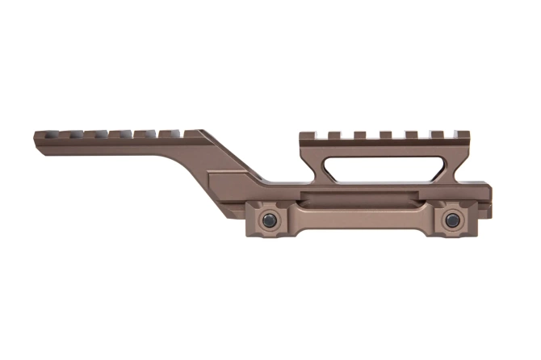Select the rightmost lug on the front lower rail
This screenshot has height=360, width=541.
pyautogui.click(x=193, y=132)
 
